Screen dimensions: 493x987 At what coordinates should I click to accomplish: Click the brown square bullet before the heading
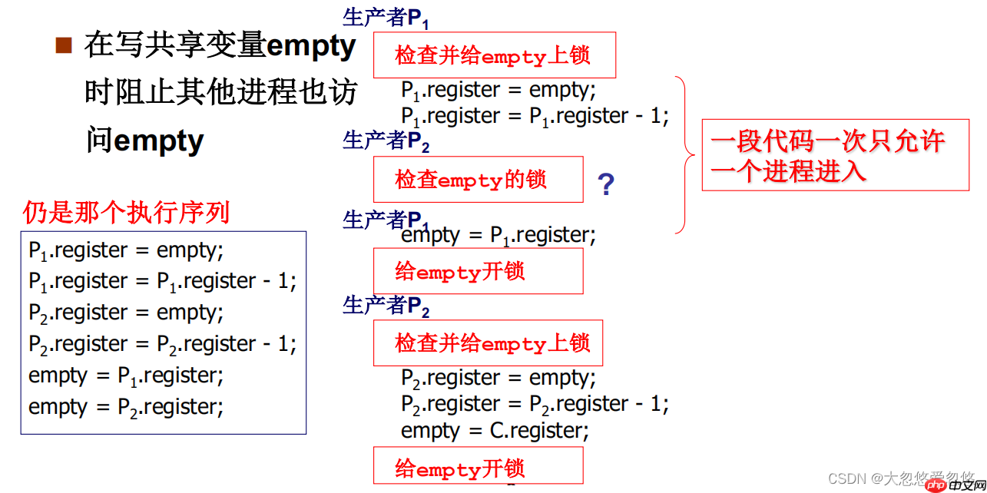[x=64, y=45]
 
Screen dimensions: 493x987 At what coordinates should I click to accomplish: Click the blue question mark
[x=606, y=184]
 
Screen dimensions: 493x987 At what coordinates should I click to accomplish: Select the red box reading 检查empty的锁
[x=478, y=180]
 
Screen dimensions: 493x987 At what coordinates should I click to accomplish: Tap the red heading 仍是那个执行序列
[x=126, y=212]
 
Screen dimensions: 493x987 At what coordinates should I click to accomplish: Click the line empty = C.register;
[x=495, y=431]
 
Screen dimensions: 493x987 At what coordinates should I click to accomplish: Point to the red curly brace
[x=684, y=154]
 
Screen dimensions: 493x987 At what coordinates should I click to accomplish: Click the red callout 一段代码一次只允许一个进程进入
[x=835, y=155]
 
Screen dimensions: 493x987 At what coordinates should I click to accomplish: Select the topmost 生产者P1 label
[x=386, y=18]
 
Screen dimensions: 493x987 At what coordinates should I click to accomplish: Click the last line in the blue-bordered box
[x=126, y=407]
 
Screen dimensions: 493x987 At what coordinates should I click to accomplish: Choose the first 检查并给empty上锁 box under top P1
[x=494, y=55]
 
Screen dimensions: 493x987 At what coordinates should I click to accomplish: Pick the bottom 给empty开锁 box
[x=478, y=467]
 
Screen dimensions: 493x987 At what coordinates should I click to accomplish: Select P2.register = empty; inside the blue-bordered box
[x=126, y=313]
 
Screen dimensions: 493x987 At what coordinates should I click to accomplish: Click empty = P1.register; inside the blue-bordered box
[x=126, y=376]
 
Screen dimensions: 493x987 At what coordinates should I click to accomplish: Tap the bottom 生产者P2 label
[x=386, y=306]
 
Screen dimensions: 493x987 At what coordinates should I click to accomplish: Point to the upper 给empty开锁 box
[x=478, y=271]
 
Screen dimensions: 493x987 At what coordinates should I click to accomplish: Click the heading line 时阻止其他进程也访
[x=220, y=93]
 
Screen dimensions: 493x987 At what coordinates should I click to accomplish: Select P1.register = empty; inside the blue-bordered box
[x=126, y=250]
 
